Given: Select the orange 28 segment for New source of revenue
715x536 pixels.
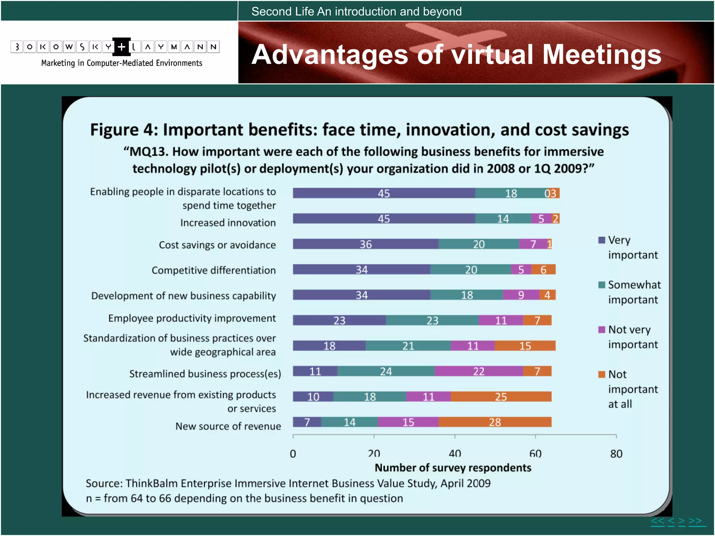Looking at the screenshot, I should point(495,422).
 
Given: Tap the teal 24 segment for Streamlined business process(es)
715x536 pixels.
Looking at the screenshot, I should point(386,371).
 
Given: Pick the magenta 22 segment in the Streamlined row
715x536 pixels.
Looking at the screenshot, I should point(479,371).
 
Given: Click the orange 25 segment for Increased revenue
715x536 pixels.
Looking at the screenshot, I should point(501,397).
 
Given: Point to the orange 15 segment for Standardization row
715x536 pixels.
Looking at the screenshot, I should point(525,346).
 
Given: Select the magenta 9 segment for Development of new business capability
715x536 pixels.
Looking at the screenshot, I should point(521,295).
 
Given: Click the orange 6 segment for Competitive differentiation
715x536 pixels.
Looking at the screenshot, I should point(543,270).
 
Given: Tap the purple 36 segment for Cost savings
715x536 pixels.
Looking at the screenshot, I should point(365,244).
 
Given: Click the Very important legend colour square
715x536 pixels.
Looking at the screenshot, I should point(602,240).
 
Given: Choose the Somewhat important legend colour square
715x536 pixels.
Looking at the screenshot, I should point(602,285).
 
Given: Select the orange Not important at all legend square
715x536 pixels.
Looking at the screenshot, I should point(602,374).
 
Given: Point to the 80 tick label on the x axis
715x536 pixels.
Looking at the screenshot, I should point(616,454).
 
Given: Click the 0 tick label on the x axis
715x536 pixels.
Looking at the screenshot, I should point(293,454).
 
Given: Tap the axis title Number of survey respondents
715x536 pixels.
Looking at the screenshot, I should point(453,468).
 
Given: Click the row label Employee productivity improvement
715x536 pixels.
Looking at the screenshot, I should point(192,318).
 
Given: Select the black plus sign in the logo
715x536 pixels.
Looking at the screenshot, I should point(121,47).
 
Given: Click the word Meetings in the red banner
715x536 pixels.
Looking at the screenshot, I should point(602,55).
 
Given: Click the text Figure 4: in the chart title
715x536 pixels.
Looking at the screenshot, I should point(124,130).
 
